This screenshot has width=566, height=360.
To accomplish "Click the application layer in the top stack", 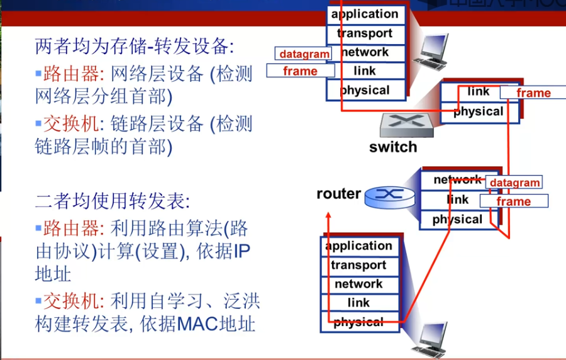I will pyautogui.click(x=365, y=14).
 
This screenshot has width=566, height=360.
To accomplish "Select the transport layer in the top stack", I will pyautogui.click(x=365, y=33).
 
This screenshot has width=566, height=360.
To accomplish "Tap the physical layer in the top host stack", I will pyautogui.click(x=365, y=90).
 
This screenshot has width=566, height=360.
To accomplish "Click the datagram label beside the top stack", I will pyautogui.click(x=304, y=54).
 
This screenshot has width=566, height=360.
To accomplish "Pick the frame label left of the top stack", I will pyautogui.click(x=300, y=71).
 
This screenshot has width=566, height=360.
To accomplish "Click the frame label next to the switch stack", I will pyautogui.click(x=533, y=93).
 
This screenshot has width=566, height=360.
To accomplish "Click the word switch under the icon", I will pyautogui.click(x=393, y=147).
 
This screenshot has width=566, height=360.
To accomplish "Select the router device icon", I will pyautogui.click(x=389, y=196).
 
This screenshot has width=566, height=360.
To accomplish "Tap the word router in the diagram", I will pyautogui.click(x=339, y=194).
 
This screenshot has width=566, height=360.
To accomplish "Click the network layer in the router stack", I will pyautogui.click(x=457, y=180).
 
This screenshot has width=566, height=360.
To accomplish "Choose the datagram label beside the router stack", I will pyautogui.click(x=514, y=183).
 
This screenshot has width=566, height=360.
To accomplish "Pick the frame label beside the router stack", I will pyautogui.click(x=514, y=201).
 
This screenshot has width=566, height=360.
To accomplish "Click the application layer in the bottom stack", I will pyautogui.click(x=358, y=246).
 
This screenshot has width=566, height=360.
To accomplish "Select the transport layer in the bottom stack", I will pyautogui.click(x=358, y=266).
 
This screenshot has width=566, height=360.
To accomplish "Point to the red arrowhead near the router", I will pyautogui.click(x=328, y=216).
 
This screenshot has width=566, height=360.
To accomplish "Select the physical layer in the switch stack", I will pyautogui.click(x=478, y=112).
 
